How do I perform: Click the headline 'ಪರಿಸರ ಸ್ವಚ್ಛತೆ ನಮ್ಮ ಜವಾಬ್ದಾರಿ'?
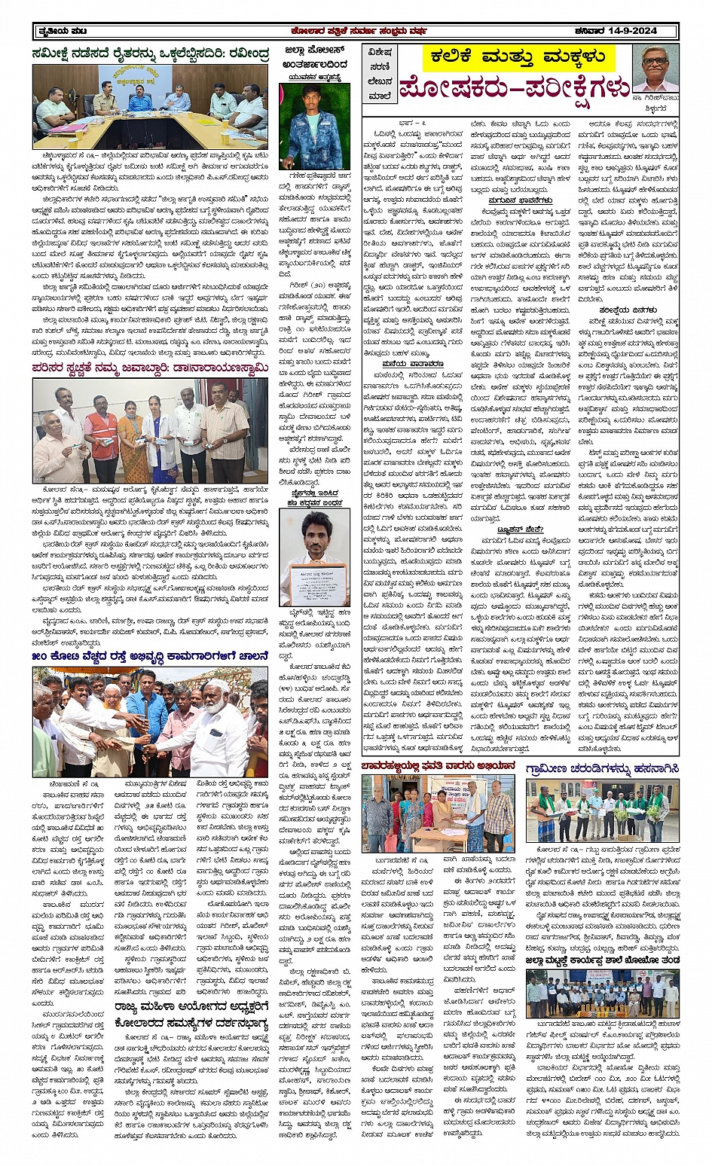150,368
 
